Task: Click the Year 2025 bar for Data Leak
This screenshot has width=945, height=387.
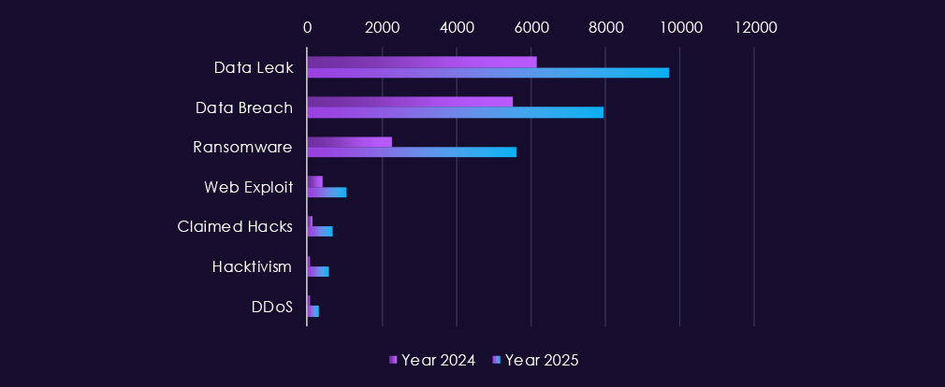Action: coord(487,73)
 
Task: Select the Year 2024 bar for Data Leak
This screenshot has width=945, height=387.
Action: coord(421,62)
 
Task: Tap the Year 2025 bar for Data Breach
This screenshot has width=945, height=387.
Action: coord(455,113)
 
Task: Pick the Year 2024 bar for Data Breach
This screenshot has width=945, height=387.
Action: coord(410,102)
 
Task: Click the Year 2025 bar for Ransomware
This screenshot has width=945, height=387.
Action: coord(412,152)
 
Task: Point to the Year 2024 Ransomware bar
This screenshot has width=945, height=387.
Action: coord(349,142)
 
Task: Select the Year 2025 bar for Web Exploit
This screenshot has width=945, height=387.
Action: coord(327,193)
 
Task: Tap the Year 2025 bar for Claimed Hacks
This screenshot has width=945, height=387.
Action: coord(320,232)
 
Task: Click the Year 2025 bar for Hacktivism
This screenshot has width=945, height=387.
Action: coord(318,271)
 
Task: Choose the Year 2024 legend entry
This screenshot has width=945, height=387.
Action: coord(432,360)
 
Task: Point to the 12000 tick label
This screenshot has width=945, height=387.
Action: coord(754,27)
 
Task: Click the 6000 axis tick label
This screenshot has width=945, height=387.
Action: coord(531,27)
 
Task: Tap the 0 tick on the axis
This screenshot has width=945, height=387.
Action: coord(307,27)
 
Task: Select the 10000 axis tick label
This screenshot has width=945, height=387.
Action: coord(679,27)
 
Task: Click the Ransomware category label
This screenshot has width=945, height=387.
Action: coord(242,147)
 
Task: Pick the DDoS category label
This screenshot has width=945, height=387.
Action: coord(271,307)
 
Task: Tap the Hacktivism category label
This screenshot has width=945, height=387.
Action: coord(252,266)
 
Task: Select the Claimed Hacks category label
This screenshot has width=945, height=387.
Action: coord(235,226)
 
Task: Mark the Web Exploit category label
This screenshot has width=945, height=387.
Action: coord(248,187)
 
